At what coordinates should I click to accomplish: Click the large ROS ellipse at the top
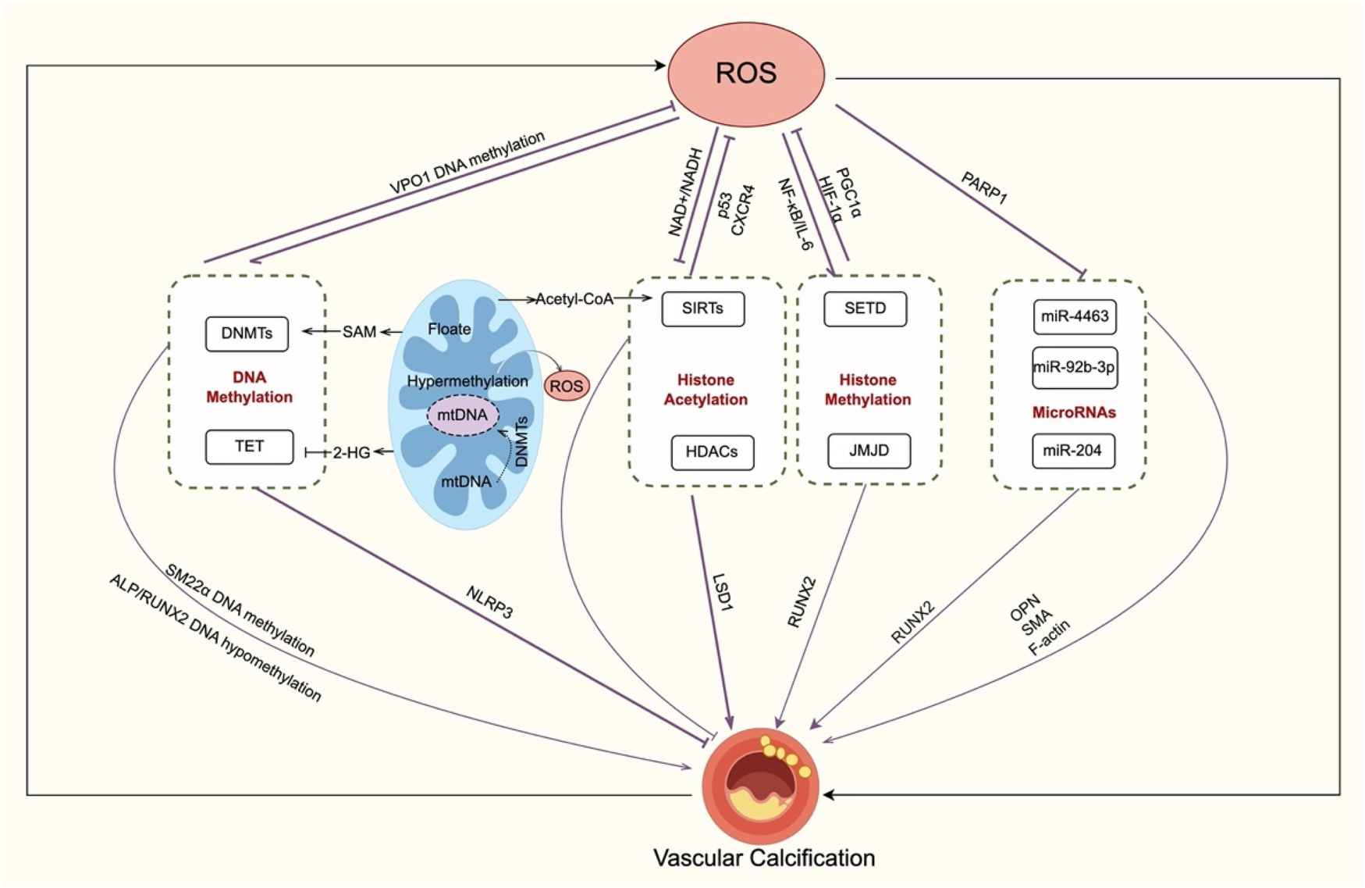click(x=746, y=73)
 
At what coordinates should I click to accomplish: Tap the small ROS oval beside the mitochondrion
click(x=567, y=386)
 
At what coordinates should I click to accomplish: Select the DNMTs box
click(x=247, y=333)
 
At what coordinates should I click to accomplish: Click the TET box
click(x=249, y=446)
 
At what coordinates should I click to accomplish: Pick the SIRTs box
click(x=702, y=308)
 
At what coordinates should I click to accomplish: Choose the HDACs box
click(x=712, y=452)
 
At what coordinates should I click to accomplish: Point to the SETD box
click(x=865, y=308)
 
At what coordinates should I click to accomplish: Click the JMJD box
click(x=869, y=451)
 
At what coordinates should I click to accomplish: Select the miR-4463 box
click(x=1074, y=316)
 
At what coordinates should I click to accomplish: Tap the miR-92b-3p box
click(x=1074, y=367)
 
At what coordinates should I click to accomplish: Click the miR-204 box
click(x=1072, y=451)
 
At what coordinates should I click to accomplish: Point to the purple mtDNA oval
click(x=462, y=415)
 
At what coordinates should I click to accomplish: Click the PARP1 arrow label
click(x=983, y=188)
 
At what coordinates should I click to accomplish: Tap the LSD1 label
click(x=722, y=592)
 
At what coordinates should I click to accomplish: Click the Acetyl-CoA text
click(x=574, y=299)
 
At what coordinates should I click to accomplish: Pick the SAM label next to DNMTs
click(x=359, y=332)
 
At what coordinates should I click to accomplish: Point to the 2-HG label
click(x=351, y=452)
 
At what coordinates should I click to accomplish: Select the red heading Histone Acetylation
click(x=706, y=390)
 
